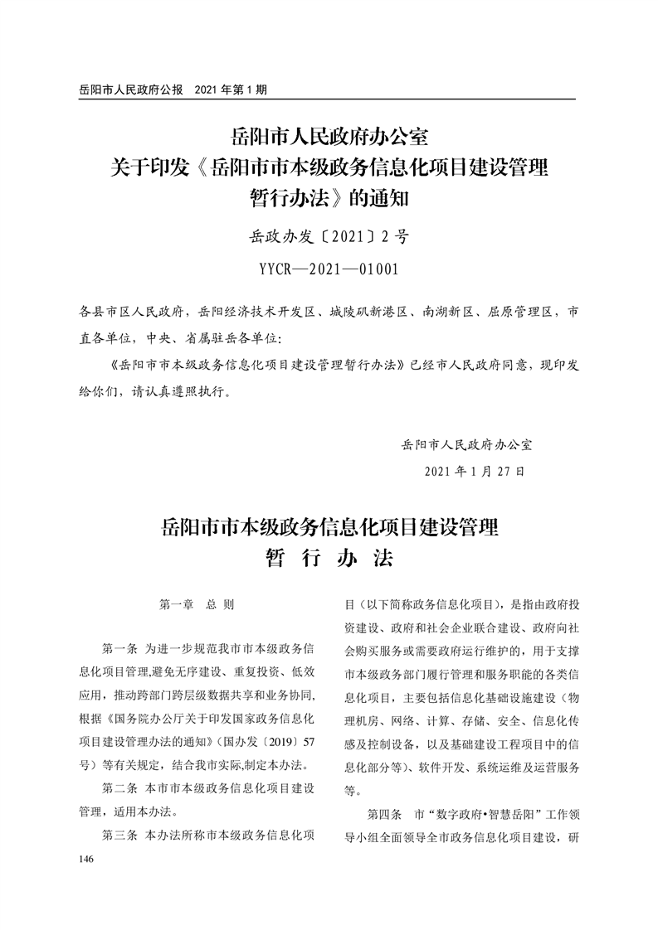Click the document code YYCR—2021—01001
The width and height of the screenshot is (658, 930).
click(x=329, y=269)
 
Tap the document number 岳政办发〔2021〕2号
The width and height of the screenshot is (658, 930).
click(x=329, y=238)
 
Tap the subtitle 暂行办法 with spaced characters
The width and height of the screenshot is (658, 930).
click(x=329, y=557)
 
